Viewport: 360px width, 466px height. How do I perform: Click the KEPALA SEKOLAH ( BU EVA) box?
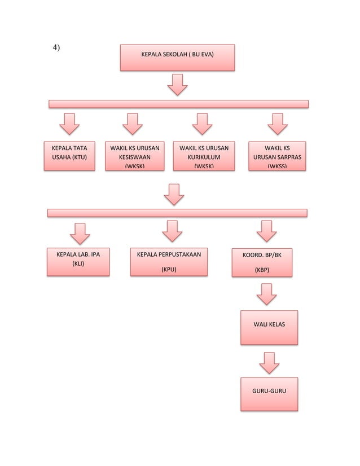pyautogui.click(x=177, y=58)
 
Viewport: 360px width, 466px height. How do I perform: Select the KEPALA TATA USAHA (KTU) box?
pyautogui.click(x=69, y=155)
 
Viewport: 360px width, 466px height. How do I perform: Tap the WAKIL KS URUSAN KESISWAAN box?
pyautogui.click(x=134, y=155)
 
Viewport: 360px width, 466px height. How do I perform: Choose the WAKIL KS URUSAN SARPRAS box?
pyautogui.click(x=277, y=155)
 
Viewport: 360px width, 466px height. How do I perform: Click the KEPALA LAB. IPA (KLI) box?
pyautogui.click(x=78, y=262)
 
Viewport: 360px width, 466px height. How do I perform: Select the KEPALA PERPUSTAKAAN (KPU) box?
pyautogui.click(x=169, y=262)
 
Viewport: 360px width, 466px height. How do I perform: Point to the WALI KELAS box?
pyautogui.click(x=269, y=327)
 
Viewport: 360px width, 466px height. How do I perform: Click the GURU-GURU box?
pyautogui.click(x=269, y=394)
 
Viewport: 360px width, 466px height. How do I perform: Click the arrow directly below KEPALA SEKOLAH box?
pyautogui.click(x=178, y=86)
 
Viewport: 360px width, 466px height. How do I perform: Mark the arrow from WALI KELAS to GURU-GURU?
pyautogui.click(x=269, y=363)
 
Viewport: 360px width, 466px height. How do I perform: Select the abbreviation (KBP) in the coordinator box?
pyautogui.click(x=262, y=270)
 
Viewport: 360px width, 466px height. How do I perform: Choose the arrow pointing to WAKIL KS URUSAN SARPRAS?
pyautogui.click(x=277, y=124)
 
